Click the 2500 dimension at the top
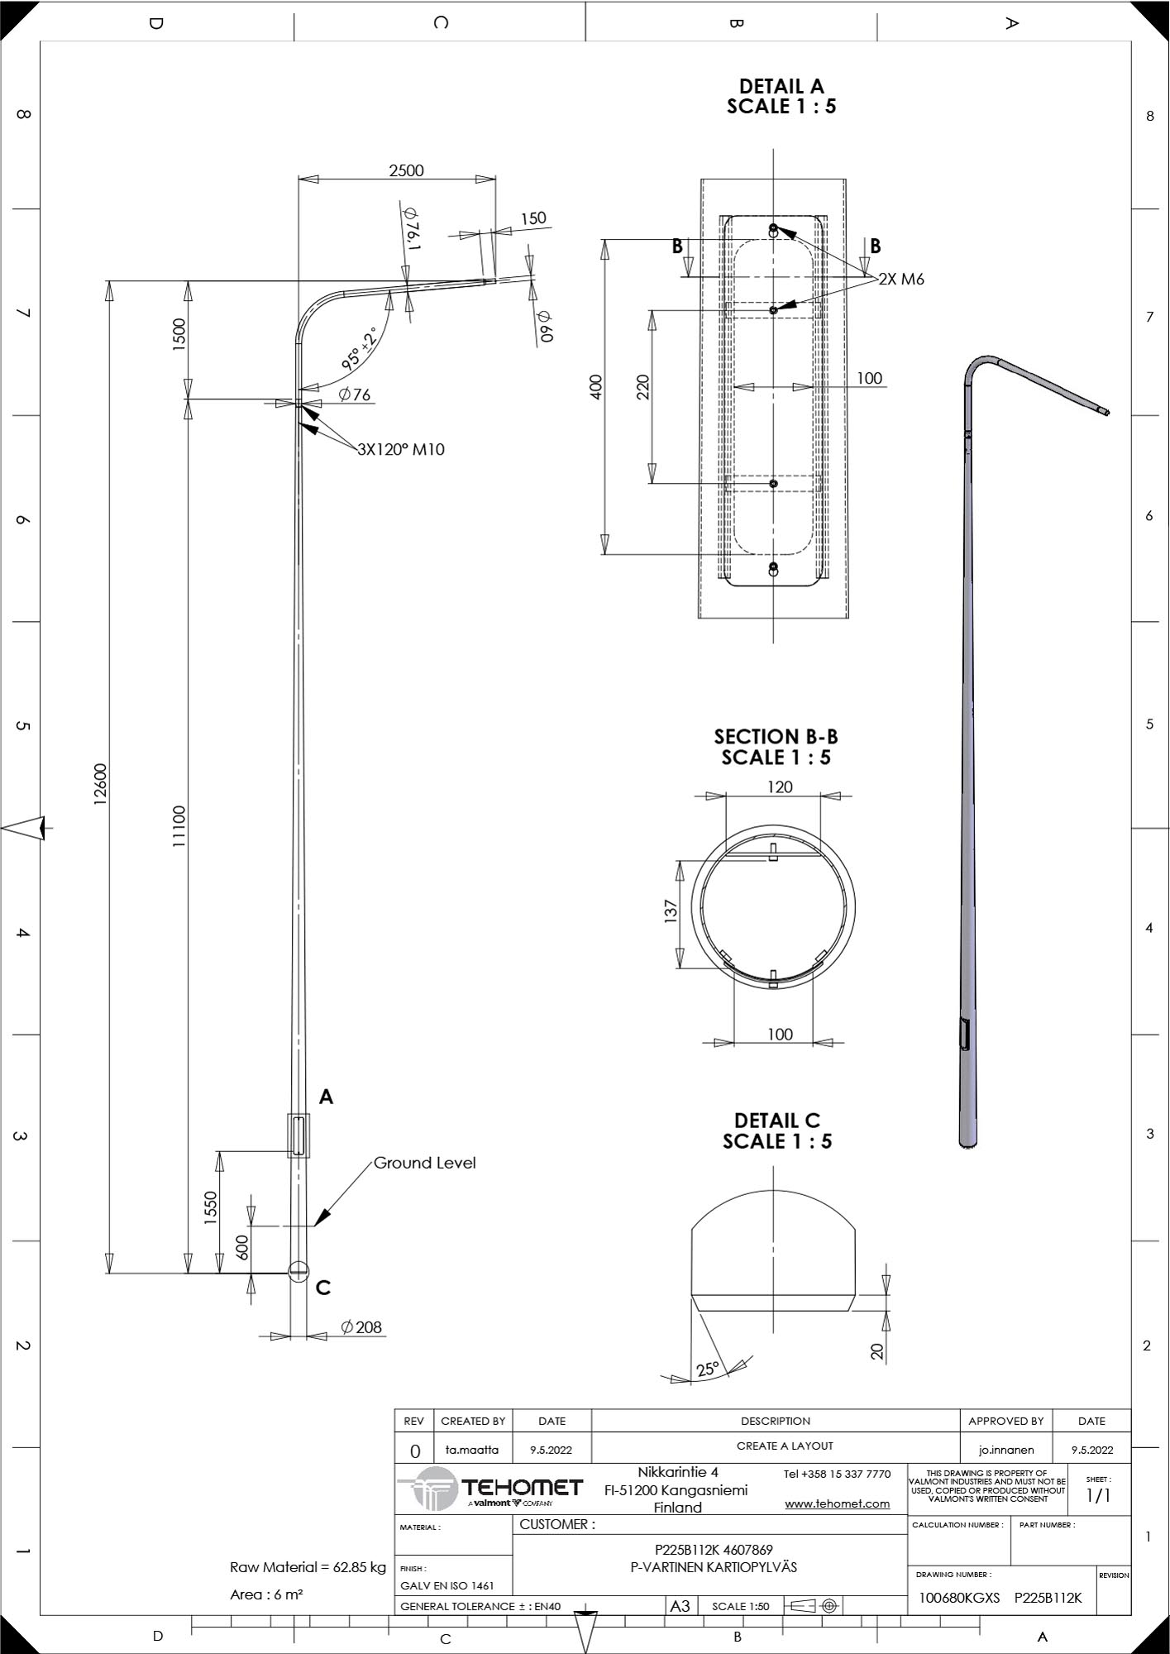tap(406, 170)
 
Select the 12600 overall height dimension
tap(100, 784)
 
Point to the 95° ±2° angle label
tap(360, 348)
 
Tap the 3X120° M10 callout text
tap(401, 450)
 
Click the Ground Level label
tap(425, 1163)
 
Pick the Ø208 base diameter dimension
tap(361, 1327)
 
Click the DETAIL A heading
tap(781, 86)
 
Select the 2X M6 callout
tap(901, 280)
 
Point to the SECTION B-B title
tap(776, 737)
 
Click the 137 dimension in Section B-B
tap(671, 911)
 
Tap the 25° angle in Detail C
tap(707, 1369)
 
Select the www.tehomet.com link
tap(838, 1503)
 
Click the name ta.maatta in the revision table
tap(472, 1450)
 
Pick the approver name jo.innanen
tap(1006, 1450)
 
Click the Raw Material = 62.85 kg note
tap(308, 1567)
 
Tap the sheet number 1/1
tap(1098, 1495)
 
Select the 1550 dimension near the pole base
tap(211, 1208)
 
